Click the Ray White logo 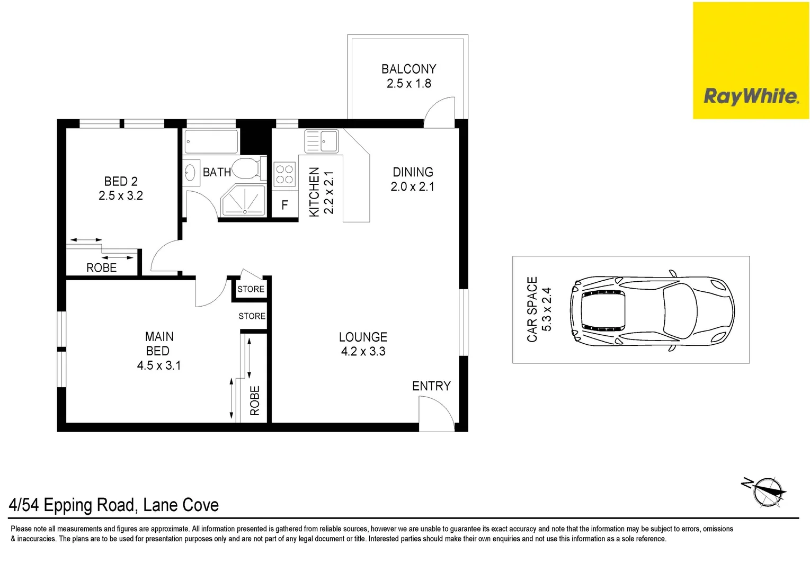click(x=751, y=96)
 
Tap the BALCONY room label click(x=408, y=69)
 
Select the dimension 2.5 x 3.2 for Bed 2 click(x=121, y=196)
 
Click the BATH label click(x=217, y=172)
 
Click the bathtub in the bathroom click(x=211, y=141)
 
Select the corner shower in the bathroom click(x=244, y=201)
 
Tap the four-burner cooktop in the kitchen click(x=284, y=175)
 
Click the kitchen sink click(x=322, y=141)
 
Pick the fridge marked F click(x=284, y=205)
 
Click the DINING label click(x=413, y=172)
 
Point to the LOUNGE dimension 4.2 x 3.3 click(x=363, y=352)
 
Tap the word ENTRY click(x=431, y=386)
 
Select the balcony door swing click(x=440, y=111)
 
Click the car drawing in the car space click(x=652, y=310)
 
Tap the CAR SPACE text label click(x=532, y=309)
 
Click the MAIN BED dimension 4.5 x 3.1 click(x=159, y=365)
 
